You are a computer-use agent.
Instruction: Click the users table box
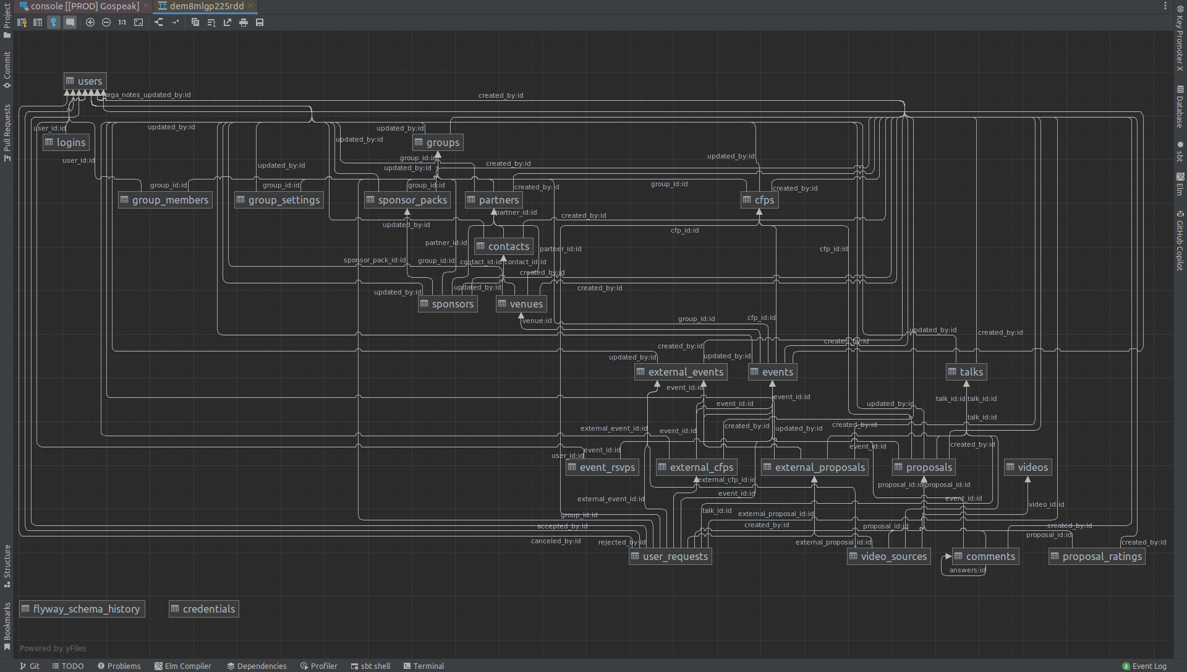[85, 81]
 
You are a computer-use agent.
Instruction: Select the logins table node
[66, 142]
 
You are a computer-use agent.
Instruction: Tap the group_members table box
[165, 200]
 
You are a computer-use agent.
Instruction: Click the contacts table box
[503, 246]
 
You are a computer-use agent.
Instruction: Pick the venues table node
[521, 304]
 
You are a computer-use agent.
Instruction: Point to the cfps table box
[759, 200]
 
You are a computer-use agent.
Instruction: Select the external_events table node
[681, 372]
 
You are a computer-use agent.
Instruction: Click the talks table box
[966, 372]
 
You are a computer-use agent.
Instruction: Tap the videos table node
[1027, 467]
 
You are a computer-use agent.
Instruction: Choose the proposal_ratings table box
[1097, 556]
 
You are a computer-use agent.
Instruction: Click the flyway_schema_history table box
[82, 609]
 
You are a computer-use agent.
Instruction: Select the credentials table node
[203, 609]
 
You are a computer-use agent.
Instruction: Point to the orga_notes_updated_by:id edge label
[148, 95]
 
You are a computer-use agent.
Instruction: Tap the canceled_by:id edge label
[556, 541]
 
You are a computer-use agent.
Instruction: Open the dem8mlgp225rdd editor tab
[206, 6]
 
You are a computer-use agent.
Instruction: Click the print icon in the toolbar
[244, 22]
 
